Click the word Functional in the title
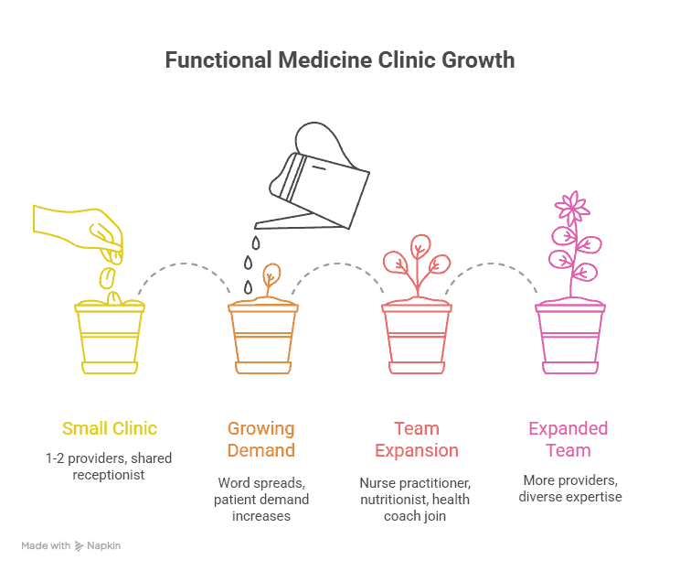click(218, 59)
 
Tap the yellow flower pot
click(110, 337)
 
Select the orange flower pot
click(263, 337)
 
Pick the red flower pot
click(417, 337)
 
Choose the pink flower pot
click(570, 337)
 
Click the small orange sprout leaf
click(272, 275)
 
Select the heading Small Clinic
click(110, 428)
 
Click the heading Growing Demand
click(261, 439)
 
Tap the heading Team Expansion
click(417, 439)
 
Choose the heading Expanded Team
click(568, 439)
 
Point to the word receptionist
click(109, 475)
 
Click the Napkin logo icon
click(79, 545)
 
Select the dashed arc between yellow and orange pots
click(185, 264)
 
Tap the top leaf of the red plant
click(420, 247)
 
